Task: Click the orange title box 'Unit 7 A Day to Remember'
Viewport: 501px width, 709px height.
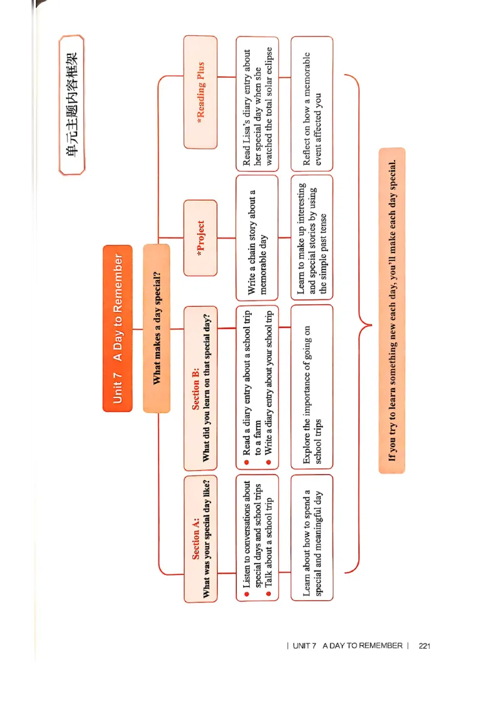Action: coord(117,328)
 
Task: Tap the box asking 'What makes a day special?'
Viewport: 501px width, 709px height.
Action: coord(156,328)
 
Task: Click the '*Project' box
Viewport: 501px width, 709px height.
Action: coord(200,238)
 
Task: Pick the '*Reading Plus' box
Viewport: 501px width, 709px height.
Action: coord(200,92)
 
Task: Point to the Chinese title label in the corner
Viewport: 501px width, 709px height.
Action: coord(71,105)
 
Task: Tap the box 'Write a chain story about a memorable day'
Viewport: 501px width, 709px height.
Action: coord(257,237)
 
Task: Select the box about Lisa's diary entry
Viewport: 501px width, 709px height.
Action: coord(257,103)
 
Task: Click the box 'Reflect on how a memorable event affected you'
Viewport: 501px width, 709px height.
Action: coord(312,103)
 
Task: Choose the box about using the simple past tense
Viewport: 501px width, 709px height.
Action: coord(312,237)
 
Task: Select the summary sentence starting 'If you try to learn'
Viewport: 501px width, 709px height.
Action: coord(392,310)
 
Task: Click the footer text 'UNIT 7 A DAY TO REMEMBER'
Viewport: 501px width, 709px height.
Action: coord(348,646)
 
